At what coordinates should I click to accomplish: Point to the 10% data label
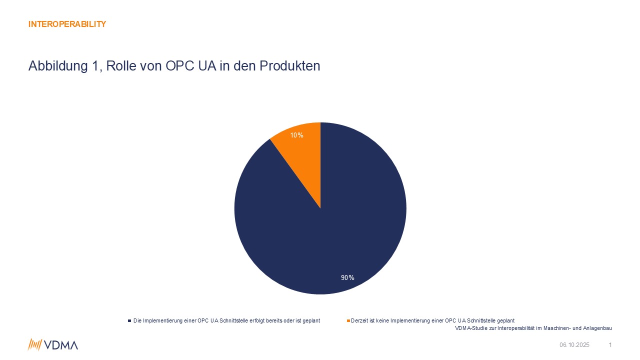(297, 135)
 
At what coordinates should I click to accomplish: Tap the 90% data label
(347, 277)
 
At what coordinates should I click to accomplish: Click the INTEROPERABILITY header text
(67, 24)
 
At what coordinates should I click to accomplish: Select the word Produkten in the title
(290, 66)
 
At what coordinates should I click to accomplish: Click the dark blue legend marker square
(129, 320)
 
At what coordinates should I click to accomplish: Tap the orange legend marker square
(348, 320)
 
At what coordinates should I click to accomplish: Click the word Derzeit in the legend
(360, 320)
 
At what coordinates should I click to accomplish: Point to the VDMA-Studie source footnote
(533, 328)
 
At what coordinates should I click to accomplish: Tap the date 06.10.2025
(574, 345)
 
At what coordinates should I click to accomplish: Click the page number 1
(610, 345)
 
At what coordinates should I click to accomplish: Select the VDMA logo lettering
(61, 345)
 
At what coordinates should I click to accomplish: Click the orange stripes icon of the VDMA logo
(34, 344)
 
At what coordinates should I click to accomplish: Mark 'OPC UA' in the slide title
(186, 66)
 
